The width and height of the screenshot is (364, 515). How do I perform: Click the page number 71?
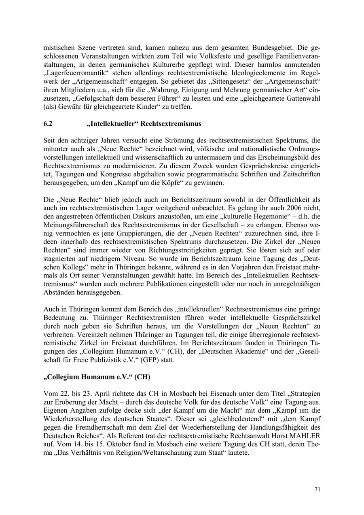pos(317,489)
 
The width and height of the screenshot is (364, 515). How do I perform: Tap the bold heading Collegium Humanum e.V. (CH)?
pos(97,377)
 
